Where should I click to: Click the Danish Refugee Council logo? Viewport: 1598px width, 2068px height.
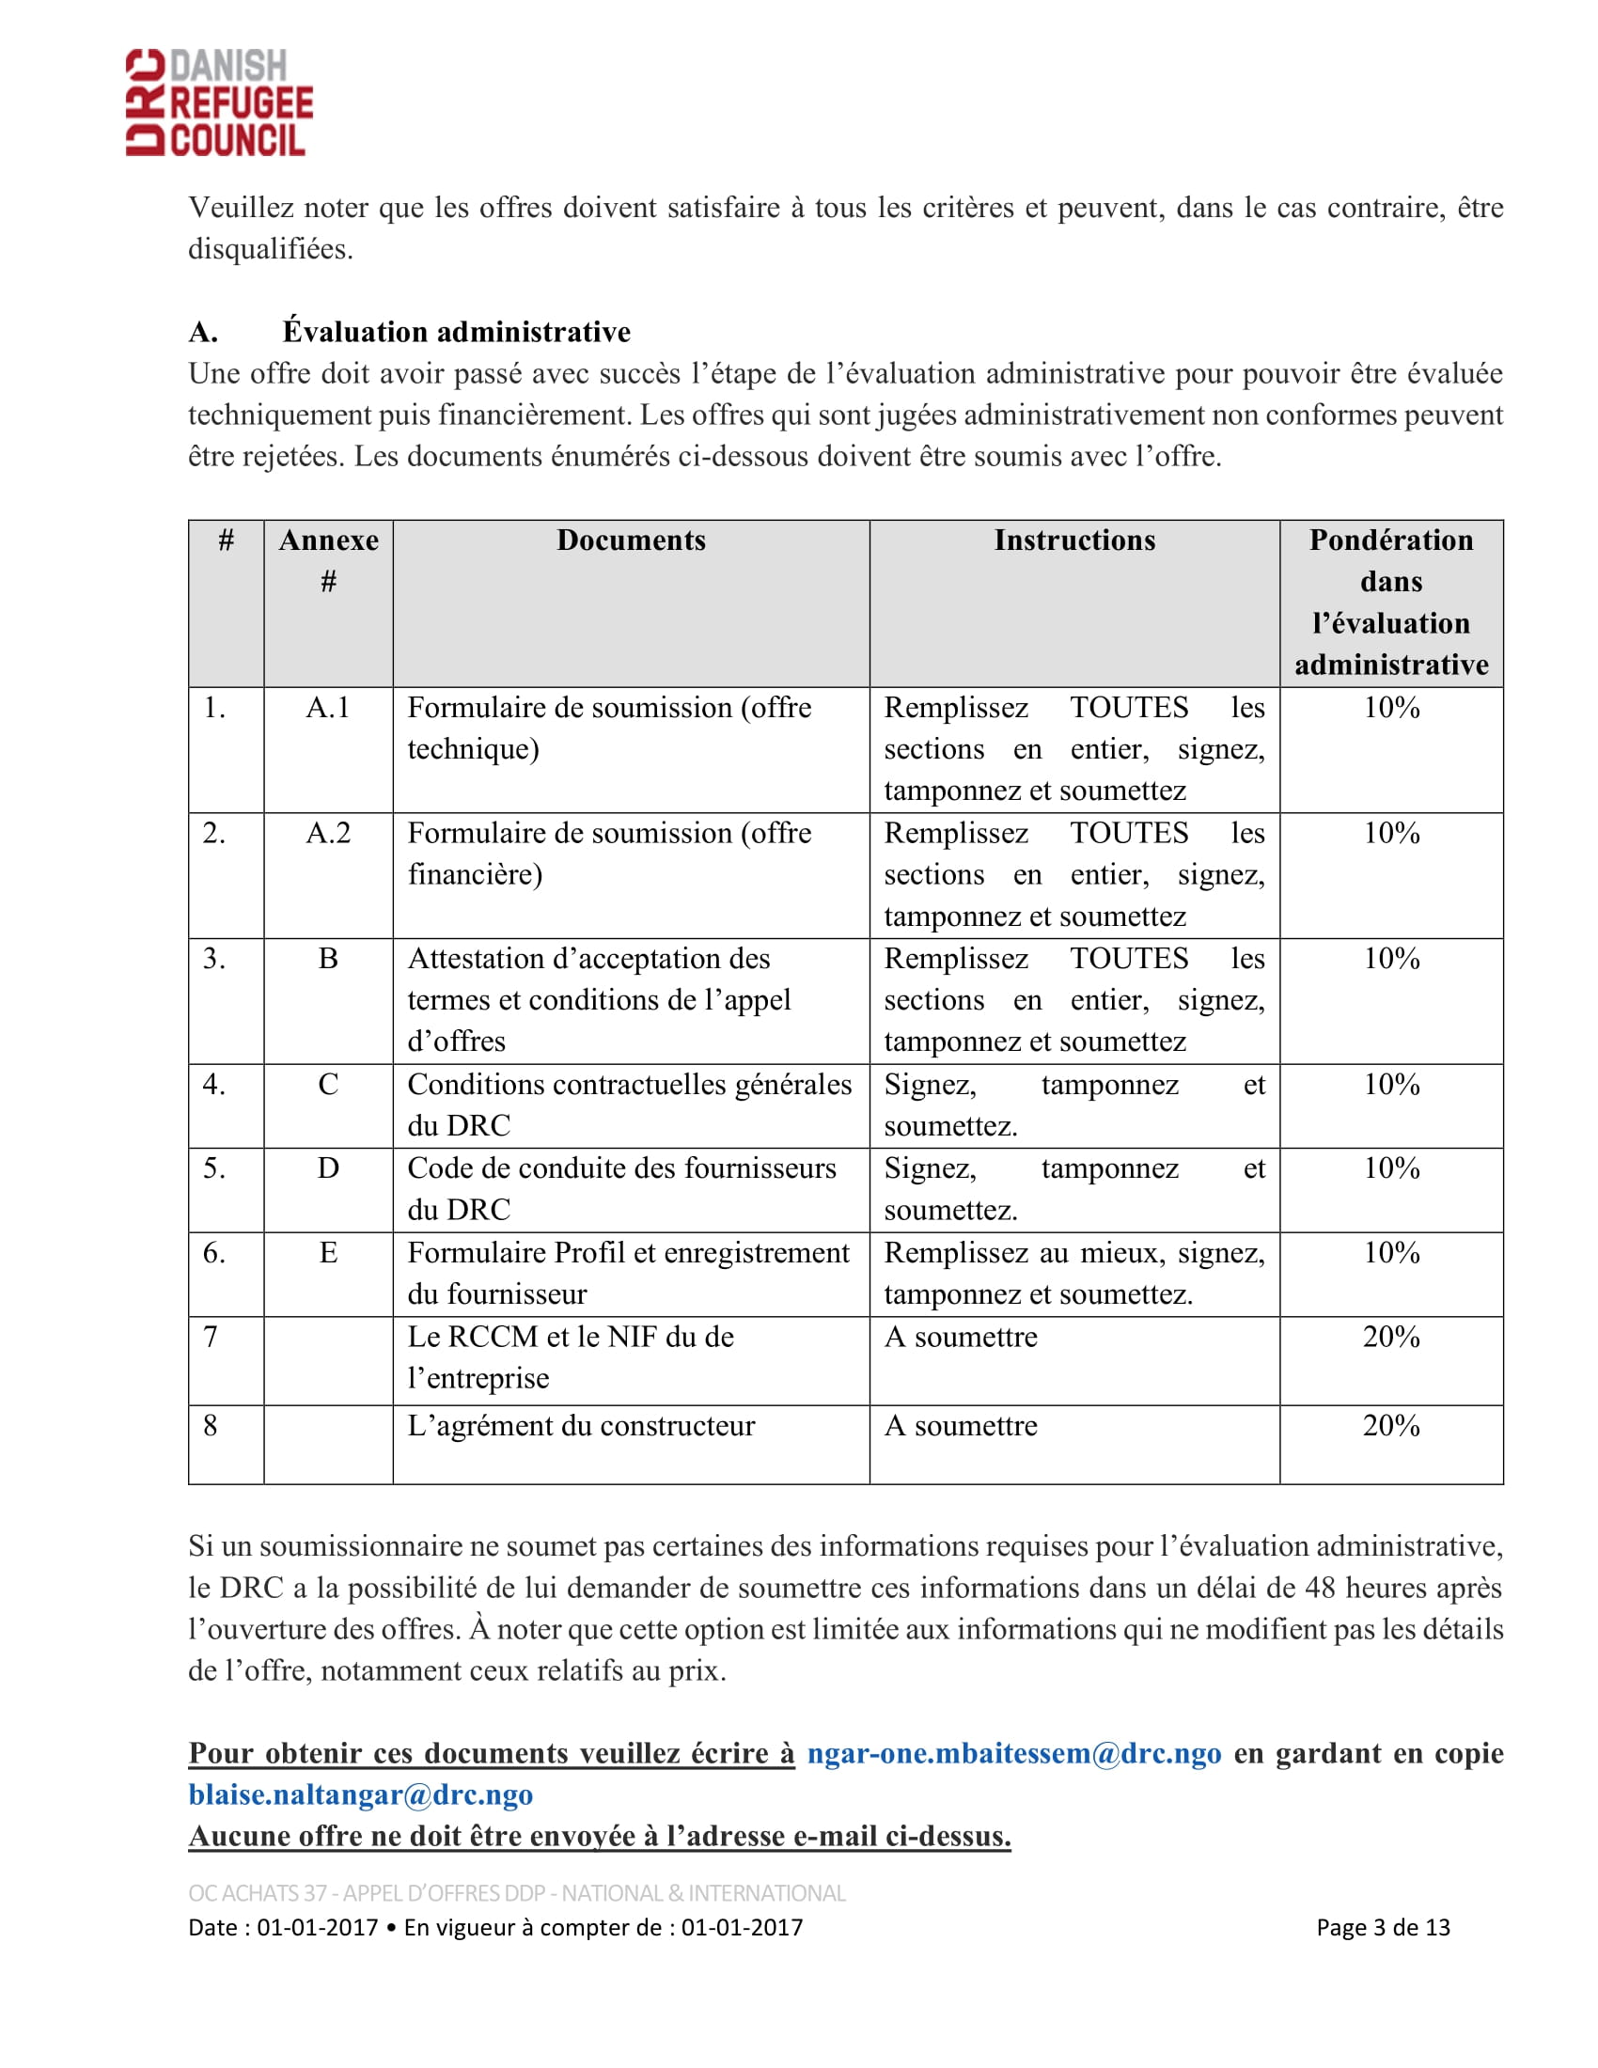tap(220, 102)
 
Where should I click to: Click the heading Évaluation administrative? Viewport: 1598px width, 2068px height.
tap(455, 332)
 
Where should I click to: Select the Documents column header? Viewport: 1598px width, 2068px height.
tap(631, 540)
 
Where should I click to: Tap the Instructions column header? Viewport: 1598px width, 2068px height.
tap(1073, 540)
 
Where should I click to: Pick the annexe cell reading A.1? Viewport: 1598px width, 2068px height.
tap(327, 707)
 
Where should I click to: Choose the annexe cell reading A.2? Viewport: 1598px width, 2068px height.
tap(327, 832)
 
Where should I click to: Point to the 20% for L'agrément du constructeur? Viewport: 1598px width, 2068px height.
tap(1389, 1425)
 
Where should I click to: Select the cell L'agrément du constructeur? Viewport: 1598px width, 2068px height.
tap(580, 1425)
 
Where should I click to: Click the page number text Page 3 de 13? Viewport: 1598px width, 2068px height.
tap(1382, 1927)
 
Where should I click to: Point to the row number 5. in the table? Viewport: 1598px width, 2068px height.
tap(214, 1167)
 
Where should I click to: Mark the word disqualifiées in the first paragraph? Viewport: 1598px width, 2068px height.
tap(270, 249)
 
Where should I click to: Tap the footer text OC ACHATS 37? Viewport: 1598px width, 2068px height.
tap(258, 1893)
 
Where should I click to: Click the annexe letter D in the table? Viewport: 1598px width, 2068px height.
tap(327, 1167)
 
